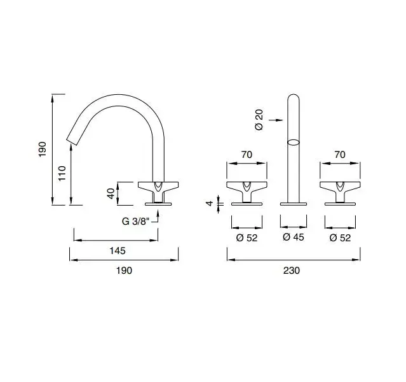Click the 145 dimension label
(x=118, y=251)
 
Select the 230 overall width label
(x=292, y=271)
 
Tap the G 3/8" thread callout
(x=136, y=222)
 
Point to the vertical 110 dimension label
(x=62, y=173)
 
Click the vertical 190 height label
(x=42, y=149)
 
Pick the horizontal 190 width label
(x=125, y=271)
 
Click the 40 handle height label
(x=111, y=194)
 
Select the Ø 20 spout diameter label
(x=259, y=120)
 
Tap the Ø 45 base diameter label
(x=294, y=237)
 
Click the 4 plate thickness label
(x=210, y=203)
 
